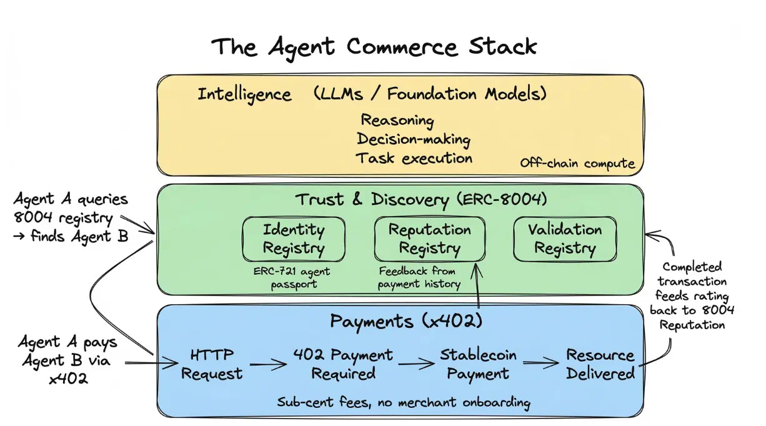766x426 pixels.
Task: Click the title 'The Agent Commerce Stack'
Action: pyautogui.click(x=374, y=47)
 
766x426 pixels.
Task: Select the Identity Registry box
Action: pyautogui.click(x=293, y=239)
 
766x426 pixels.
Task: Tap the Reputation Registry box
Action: pyautogui.click(x=429, y=239)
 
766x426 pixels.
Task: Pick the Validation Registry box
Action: pyautogui.click(x=564, y=239)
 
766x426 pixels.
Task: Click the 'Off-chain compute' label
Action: pyautogui.click(x=577, y=164)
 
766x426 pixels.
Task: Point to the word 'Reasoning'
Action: pyautogui.click(x=397, y=119)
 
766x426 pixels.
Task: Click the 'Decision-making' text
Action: pyautogui.click(x=413, y=139)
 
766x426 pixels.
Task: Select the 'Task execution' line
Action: pyautogui.click(x=414, y=158)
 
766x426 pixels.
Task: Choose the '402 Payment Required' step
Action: pyautogui.click(x=343, y=364)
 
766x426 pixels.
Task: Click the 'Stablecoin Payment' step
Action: pyautogui.click(x=478, y=364)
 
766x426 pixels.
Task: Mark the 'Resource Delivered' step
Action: pyautogui.click(x=600, y=364)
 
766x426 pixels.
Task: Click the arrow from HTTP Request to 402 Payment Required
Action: pyautogui.click(x=266, y=364)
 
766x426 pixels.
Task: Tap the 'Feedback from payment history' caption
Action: pyautogui.click(x=419, y=278)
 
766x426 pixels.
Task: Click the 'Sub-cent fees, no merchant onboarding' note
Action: pyautogui.click(x=404, y=402)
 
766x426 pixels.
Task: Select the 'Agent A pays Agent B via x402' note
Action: pyautogui.click(x=67, y=360)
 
